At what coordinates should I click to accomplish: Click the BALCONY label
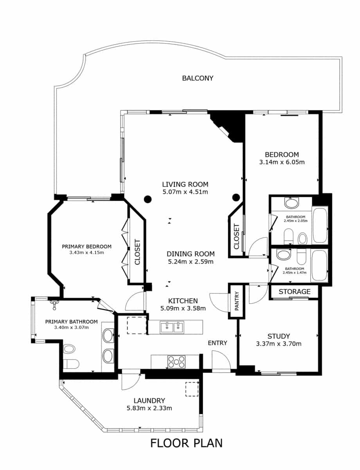click(x=198, y=78)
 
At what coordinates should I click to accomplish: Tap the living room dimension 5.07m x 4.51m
click(x=185, y=192)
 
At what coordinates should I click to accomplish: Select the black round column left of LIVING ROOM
click(x=147, y=199)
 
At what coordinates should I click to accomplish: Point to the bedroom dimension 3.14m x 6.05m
click(x=282, y=162)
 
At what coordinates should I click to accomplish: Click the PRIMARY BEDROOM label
click(x=86, y=246)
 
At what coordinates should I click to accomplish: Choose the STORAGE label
click(x=295, y=292)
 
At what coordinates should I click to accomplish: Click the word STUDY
click(x=279, y=336)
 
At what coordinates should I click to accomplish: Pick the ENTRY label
click(x=217, y=343)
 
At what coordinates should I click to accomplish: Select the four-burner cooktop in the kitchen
click(x=176, y=362)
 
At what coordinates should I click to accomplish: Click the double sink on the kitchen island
click(x=172, y=327)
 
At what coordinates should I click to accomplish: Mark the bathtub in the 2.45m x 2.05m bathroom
click(x=320, y=225)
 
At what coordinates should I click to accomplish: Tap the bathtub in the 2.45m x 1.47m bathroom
click(x=320, y=266)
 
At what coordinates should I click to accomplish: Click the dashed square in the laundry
click(x=192, y=389)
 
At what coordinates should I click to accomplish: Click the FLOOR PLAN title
click(x=186, y=443)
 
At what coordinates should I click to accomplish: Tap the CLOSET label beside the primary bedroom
click(x=137, y=252)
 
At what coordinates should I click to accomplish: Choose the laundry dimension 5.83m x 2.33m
click(x=149, y=408)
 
